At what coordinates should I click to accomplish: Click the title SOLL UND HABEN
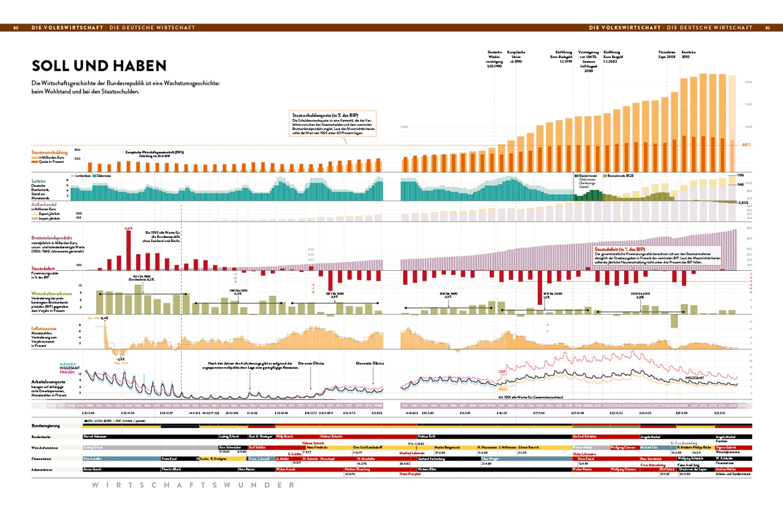pos(99,66)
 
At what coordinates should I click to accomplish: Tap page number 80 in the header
pos(16,28)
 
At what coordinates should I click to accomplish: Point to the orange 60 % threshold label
pos(746,145)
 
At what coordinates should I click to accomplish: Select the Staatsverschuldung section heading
pos(49,152)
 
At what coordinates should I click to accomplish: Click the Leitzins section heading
pos(38,181)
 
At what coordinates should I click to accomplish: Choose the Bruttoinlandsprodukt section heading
pos(51,238)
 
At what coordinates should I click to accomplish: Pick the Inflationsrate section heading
pos(44,329)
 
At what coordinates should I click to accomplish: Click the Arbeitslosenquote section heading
pos(48,382)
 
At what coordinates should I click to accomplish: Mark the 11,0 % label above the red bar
pos(129,228)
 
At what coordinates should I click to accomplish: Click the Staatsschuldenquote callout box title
pos(325,115)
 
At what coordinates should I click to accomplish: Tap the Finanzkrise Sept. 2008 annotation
pos(667,55)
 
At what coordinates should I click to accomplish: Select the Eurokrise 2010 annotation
pos(688,55)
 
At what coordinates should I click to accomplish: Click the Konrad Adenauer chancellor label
pos(95,437)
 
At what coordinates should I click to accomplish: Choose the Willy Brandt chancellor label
pos(285,437)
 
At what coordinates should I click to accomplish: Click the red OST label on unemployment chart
pos(502,372)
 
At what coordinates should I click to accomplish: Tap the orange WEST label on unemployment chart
pos(503,389)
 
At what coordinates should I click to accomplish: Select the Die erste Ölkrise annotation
pos(311,364)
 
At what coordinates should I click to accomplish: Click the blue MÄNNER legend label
pos(67,364)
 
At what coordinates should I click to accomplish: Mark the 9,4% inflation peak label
pos(105,318)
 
